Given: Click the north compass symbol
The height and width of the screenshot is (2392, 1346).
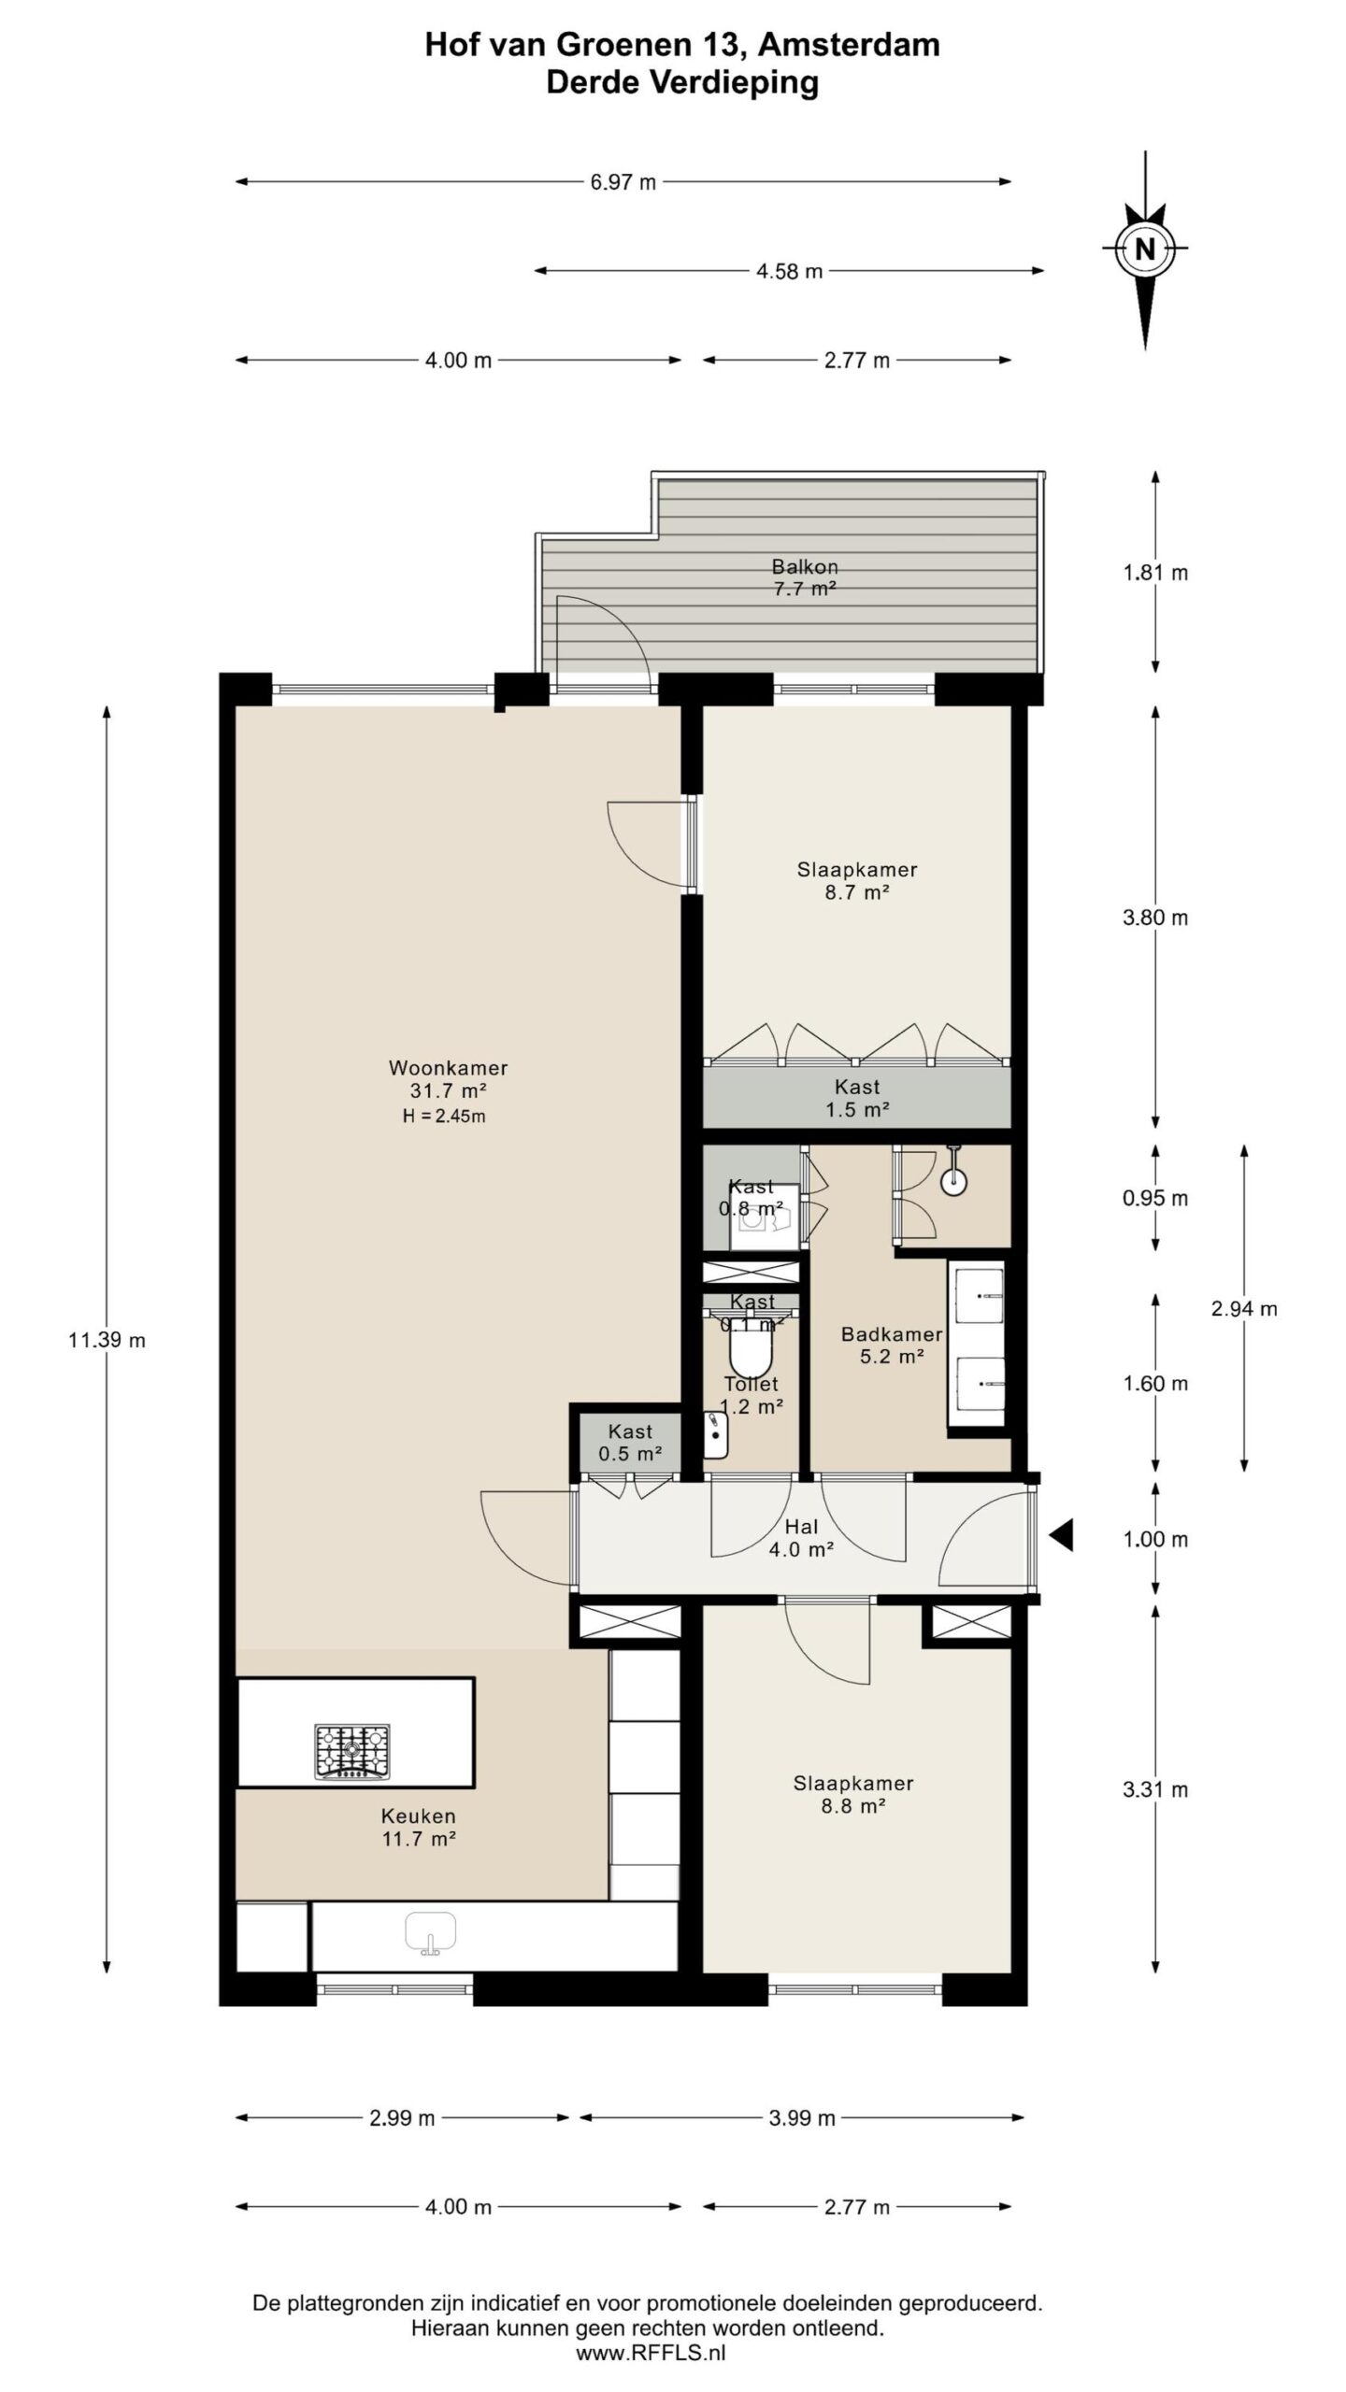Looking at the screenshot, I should tap(1144, 249).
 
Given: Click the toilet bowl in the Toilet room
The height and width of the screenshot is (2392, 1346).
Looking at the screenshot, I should tap(751, 1349).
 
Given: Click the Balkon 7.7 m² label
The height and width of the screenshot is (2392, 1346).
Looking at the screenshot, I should tap(804, 577).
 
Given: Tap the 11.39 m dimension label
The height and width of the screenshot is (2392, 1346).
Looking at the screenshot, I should tap(107, 1340).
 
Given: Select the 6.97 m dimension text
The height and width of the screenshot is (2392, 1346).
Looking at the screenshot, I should tap(623, 182).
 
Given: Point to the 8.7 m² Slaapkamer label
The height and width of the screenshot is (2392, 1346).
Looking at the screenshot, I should tap(856, 880).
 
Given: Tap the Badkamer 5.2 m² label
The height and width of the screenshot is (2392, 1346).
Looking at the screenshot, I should tap(891, 1345).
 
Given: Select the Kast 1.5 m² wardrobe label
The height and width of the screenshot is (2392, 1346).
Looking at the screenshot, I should tap(857, 1098).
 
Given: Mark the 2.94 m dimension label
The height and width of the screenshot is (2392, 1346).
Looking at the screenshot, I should tap(1243, 1308).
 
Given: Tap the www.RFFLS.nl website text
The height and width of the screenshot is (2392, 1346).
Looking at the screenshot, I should tap(650, 2353).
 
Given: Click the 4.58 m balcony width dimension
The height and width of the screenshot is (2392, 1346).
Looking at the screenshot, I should tap(789, 271).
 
